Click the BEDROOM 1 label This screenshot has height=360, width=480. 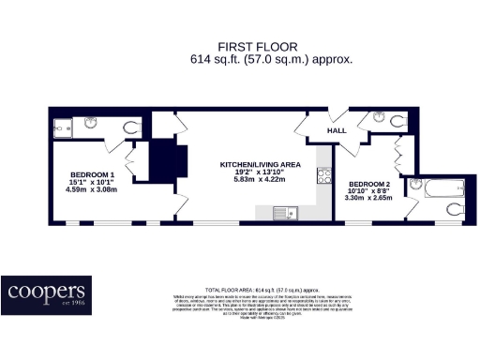tap(93, 174)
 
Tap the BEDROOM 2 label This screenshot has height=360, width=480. tap(368, 183)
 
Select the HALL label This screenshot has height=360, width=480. tap(337, 131)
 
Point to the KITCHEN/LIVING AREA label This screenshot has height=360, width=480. tap(262, 165)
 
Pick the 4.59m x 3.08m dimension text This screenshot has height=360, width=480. tap(93, 190)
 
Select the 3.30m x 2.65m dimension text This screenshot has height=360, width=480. tap(368, 198)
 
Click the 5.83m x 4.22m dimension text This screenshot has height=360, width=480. tap(262, 180)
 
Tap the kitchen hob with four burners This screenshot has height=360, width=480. tap(324, 174)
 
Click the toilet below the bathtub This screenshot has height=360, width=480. tap(454, 208)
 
